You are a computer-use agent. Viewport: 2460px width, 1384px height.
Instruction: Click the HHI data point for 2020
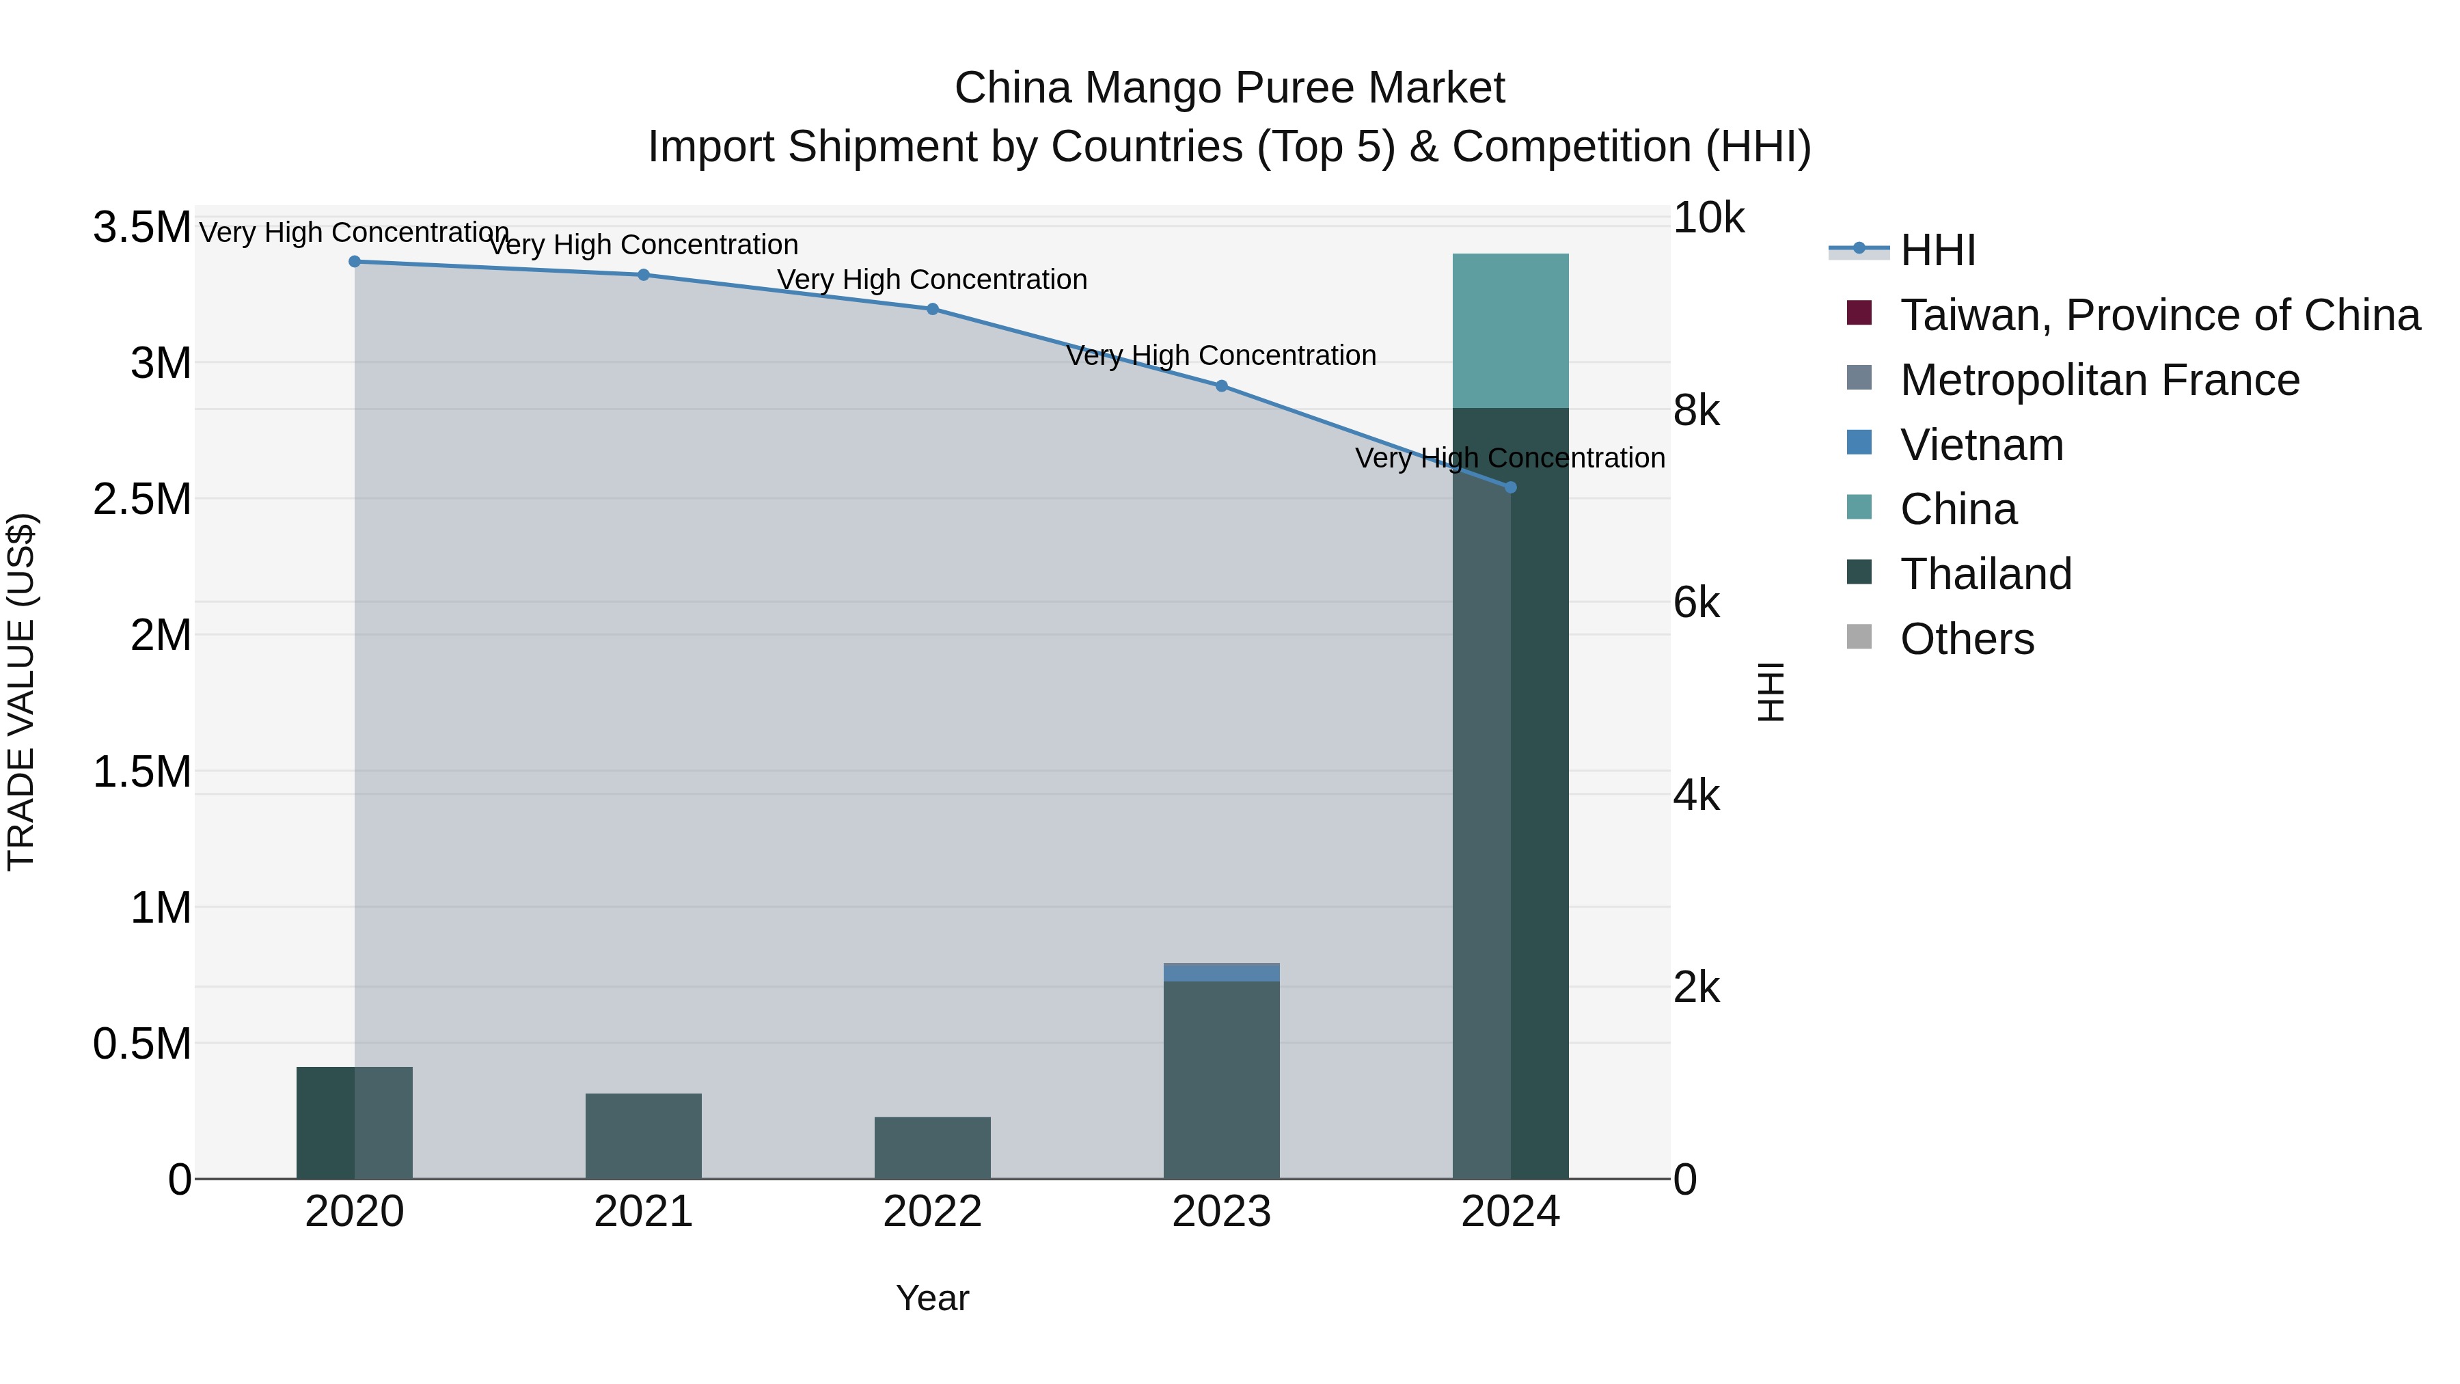354,262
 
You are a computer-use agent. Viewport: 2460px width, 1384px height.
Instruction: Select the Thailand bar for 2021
643,1136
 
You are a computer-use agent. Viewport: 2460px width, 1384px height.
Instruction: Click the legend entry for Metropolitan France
2099,380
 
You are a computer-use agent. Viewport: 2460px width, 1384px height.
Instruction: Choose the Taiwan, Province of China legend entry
2159,315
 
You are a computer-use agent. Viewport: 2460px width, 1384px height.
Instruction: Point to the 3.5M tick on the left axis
141,228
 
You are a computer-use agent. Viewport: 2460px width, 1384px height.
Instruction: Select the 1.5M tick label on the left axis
141,772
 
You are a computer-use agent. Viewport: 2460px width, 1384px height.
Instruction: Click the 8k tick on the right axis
1696,411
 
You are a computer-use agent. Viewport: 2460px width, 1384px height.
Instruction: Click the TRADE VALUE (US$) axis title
21,692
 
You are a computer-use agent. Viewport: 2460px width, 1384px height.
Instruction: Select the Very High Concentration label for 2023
1220,355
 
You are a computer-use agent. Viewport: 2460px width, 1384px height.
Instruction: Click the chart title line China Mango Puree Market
1229,88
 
